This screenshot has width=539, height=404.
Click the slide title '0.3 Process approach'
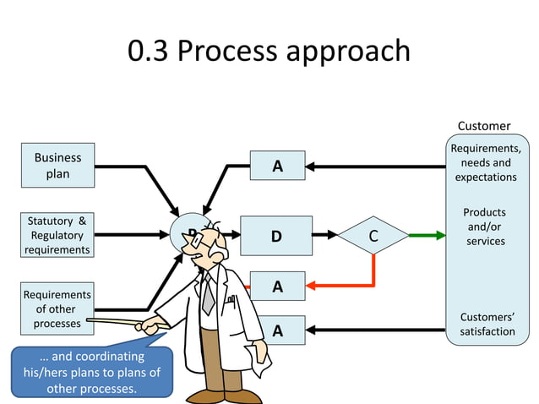pos(269,52)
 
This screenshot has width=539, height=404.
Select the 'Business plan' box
pos(57,166)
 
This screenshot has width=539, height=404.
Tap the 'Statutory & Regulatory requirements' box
pos(57,236)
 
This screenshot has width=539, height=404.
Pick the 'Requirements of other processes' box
pos(57,308)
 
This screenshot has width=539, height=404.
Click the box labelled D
pos(276,236)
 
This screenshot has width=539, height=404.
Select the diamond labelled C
pos(373,236)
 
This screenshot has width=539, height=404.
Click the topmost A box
pos(276,167)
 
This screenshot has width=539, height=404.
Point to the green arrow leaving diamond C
pos(427,236)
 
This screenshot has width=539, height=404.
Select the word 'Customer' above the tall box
pos(484,126)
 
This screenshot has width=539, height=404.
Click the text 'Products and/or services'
pos(486,227)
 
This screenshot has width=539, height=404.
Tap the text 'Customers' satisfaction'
pos(487,324)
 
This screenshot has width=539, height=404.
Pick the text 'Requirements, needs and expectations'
pos(486,163)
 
